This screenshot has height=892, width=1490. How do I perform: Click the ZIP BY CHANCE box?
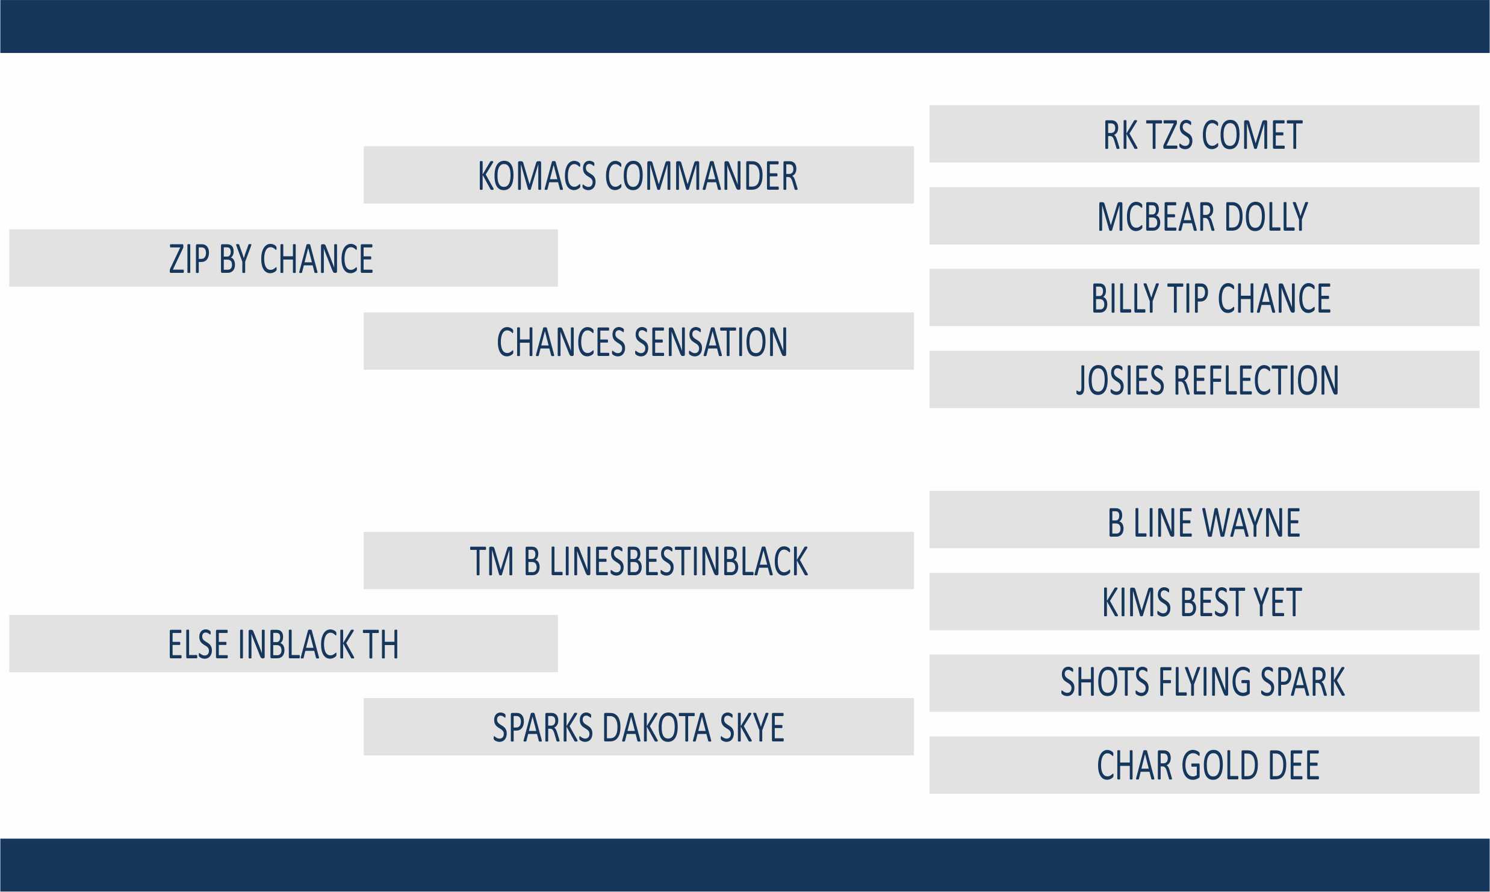(284, 258)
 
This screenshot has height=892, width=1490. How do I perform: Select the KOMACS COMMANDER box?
(639, 175)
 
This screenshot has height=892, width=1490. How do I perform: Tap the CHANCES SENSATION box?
(639, 341)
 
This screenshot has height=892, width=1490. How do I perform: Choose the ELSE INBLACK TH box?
(284, 643)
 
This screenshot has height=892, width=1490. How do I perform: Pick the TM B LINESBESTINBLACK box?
(639, 560)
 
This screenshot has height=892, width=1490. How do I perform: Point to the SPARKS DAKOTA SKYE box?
(639, 726)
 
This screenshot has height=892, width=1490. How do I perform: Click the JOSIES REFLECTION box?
(1205, 379)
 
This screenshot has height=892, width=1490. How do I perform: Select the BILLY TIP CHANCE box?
(1205, 298)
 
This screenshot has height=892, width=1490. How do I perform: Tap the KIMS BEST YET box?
(1205, 601)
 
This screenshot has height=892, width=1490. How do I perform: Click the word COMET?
(1252, 135)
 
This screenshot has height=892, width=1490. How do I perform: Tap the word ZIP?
(189, 259)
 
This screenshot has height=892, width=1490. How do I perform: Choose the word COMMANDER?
(701, 176)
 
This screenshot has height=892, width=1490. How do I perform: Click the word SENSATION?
(711, 342)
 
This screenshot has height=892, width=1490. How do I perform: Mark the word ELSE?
(198, 644)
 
